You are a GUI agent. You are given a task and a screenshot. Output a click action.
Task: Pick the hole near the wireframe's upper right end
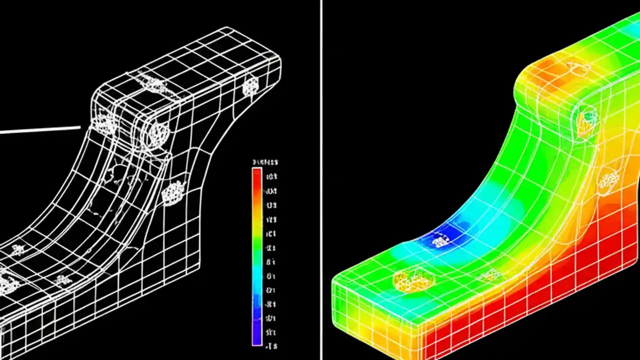click(250, 86)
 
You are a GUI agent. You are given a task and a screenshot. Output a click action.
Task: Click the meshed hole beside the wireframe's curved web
click(172, 191)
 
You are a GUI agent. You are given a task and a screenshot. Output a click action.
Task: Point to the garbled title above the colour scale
click(265, 162)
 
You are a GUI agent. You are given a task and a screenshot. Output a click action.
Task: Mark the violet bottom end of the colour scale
click(257, 337)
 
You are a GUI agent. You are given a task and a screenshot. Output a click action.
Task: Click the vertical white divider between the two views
click(321, 180)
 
